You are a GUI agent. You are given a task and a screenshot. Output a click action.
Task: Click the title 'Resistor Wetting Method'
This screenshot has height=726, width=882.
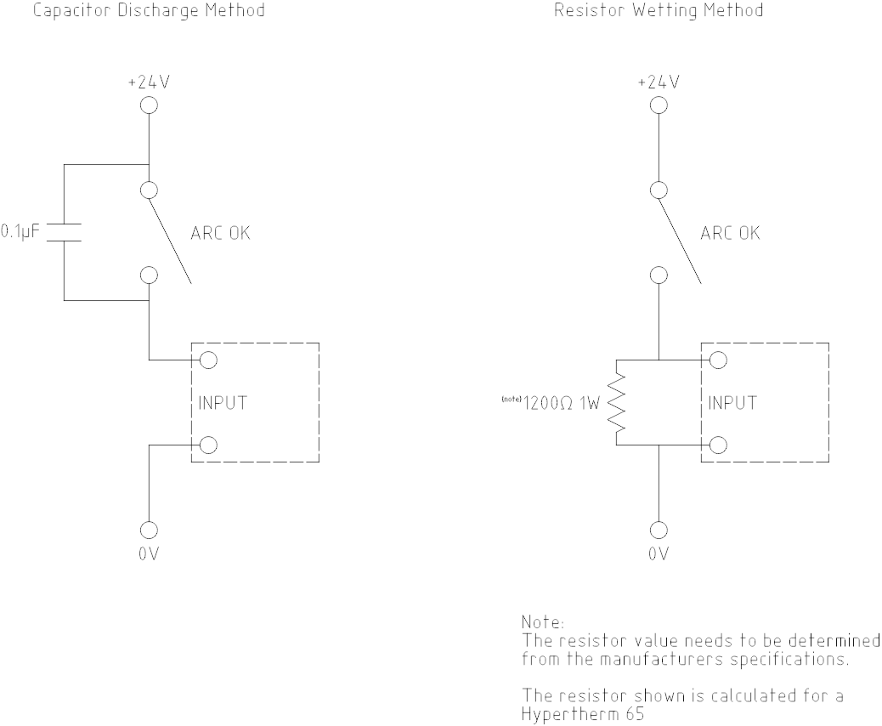[x=647, y=11]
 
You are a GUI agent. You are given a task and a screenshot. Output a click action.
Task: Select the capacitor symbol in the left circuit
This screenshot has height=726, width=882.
[x=64, y=233]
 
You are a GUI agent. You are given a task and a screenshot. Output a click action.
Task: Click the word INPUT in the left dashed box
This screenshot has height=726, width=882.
[x=223, y=403]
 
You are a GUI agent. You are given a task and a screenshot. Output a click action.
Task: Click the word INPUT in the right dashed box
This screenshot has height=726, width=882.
[x=732, y=403]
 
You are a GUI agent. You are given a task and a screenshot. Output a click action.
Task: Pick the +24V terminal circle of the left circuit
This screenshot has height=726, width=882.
[x=149, y=105]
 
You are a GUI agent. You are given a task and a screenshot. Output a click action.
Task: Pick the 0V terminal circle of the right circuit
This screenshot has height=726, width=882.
[x=659, y=530]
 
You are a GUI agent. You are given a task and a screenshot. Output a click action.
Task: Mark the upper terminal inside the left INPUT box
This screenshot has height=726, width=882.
[x=206, y=360]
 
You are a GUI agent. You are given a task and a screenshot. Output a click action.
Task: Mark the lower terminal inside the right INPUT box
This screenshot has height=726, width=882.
[x=716, y=445]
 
